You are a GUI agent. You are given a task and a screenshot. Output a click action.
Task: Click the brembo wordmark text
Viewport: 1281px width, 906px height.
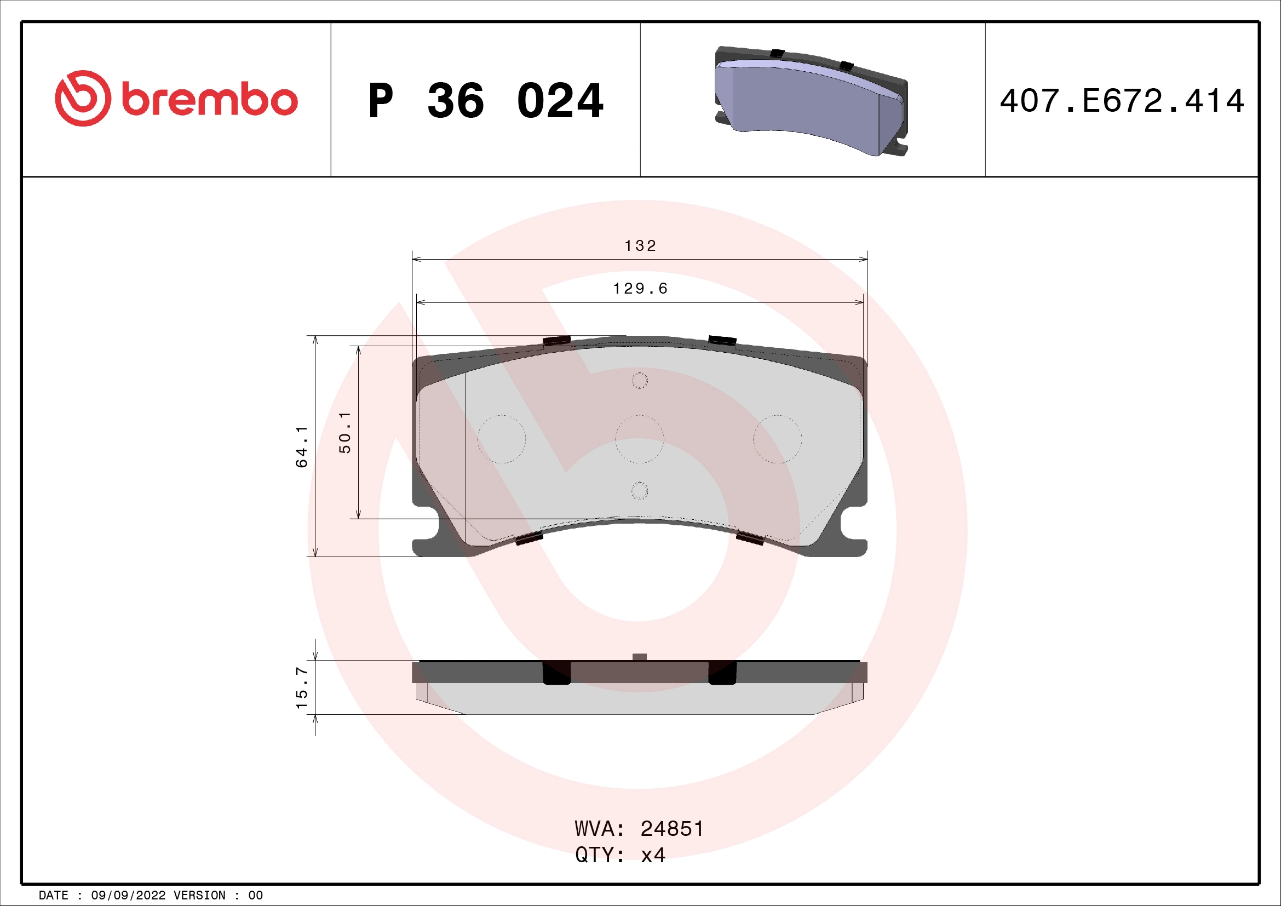click(210, 100)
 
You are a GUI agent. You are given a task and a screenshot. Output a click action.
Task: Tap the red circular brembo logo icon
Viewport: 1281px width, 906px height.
click(83, 98)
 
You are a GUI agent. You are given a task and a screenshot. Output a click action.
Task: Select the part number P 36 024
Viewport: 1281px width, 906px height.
click(485, 101)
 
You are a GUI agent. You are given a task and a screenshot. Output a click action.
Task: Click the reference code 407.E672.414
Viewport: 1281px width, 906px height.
click(1122, 101)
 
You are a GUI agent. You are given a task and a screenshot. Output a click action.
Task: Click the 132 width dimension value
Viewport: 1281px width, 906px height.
click(640, 245)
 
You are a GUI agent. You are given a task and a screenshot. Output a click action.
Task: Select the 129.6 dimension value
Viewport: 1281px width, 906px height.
click(640, 289)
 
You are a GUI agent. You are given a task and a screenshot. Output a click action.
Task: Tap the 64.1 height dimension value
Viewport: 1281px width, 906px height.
click(302, 446)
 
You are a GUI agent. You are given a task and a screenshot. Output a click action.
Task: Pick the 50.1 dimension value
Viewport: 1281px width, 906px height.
click(346, 432)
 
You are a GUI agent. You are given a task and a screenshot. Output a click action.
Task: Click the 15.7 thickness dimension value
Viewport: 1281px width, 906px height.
click(302, 687)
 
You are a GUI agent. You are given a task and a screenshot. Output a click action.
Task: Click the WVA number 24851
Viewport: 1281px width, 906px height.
click(672, 829)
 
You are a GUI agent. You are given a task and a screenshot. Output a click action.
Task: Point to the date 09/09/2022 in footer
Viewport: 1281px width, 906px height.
click(128, 895)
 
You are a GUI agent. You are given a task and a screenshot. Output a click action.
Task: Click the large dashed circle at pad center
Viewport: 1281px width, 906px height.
click(639, 439)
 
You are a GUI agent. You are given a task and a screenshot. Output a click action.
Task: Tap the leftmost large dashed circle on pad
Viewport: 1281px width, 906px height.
click(502, 439)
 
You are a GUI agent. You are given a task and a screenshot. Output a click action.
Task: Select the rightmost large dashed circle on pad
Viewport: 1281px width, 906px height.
click(777, 439)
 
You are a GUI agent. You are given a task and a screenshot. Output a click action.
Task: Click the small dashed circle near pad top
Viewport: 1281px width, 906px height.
click(639, 381)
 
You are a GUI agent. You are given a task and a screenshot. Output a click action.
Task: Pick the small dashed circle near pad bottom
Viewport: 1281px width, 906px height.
click(639, 491)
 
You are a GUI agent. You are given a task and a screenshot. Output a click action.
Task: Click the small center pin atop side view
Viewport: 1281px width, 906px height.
click(640, 657)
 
